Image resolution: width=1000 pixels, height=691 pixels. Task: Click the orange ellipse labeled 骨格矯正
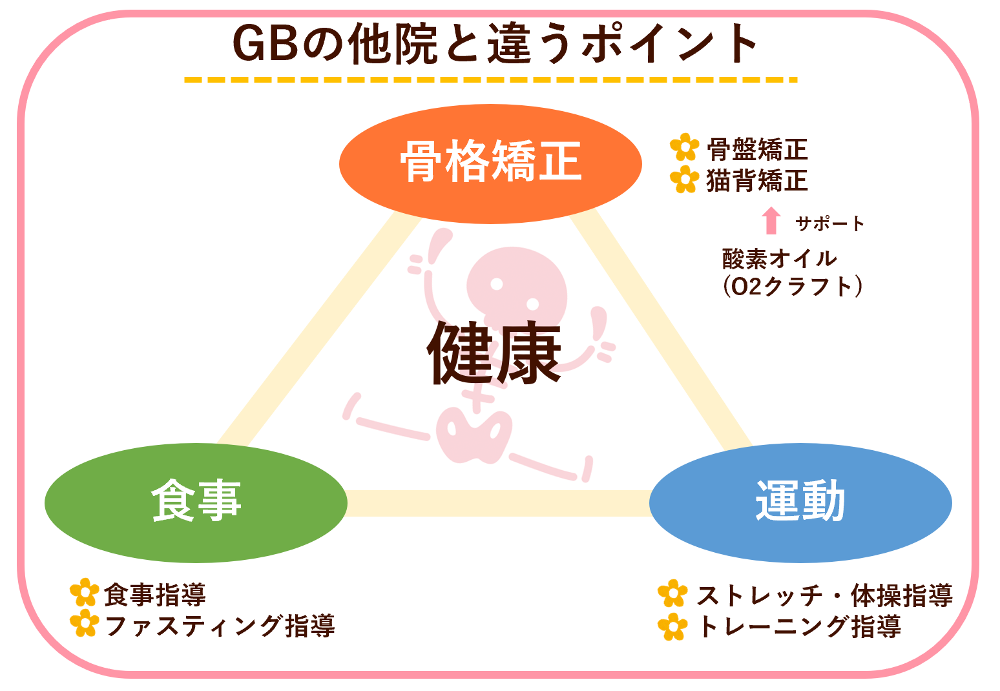pyautogui.click(x=490, y=164)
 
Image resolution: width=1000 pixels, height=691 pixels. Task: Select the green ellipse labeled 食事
pyautogui.click(x=196, y=503)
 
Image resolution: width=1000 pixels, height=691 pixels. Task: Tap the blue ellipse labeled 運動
pyautogui.click(x=800, y=503)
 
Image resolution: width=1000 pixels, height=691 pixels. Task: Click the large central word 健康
pyautogui.click(x=494, y=353)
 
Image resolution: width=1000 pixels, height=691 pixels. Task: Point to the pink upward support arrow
pyautogui.click(x=771, y=220)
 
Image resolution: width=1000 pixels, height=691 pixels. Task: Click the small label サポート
pyautogui.click(x=830, y=223)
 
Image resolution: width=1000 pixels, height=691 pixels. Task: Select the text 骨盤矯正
pyautogui.click(x=757, y=149)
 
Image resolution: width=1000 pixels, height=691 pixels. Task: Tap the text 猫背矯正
pyautogui.click(x=757, y=180)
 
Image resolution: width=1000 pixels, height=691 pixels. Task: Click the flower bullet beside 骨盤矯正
pyautogui.click(x=684, y=147)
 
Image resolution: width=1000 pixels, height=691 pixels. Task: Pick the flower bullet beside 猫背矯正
pyautogui.click(x=684, y=180)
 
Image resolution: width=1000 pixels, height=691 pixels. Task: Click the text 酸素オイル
pyautogui.click(x=780, y=259)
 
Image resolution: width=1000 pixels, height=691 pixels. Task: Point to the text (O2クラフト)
pyautogui.click(x=793, y=287)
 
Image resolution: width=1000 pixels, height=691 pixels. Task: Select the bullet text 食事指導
pyautogui.click(x=155, y=595)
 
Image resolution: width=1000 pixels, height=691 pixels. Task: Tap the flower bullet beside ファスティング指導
pyautogui.click(x=85, y=623)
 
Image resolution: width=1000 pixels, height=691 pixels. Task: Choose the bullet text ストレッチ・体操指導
pyautogui.click(x=824, y=595)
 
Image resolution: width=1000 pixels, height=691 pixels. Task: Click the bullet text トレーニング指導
pyautogui.click(x=799, y=626)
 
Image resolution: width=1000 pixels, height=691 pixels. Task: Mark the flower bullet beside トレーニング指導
pyautogui.click(x=672, y=626)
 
